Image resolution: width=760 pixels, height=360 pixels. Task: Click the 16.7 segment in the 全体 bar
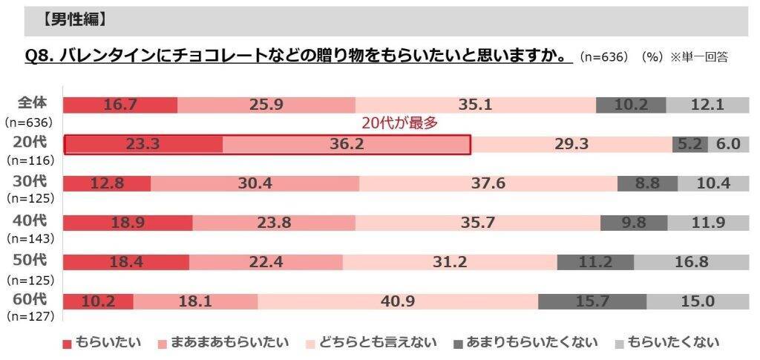120,105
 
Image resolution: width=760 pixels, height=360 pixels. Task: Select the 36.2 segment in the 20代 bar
346,144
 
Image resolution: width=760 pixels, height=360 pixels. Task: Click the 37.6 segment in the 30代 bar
488,183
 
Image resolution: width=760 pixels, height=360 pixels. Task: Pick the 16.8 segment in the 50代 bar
692,262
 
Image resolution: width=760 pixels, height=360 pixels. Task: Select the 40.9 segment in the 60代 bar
397,301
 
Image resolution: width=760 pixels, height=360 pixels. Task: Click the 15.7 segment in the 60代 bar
592,301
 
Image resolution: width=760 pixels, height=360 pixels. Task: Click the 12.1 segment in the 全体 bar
706,105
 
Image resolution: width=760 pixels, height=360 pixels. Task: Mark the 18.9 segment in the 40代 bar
128,223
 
